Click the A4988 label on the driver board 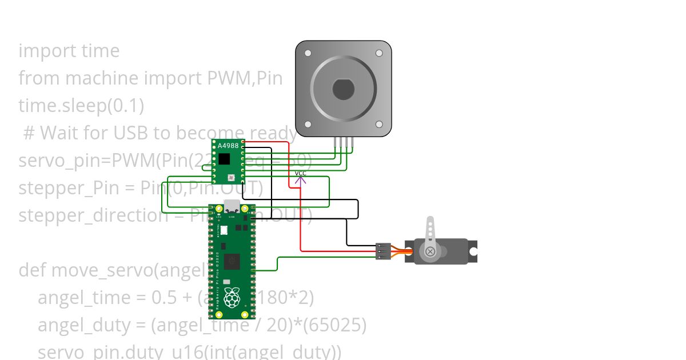tap(228, 146)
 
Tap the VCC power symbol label tap(300, 173)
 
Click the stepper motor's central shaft tap(343, 89)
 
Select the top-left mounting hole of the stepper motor tap(308, 53)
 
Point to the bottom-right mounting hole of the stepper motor tap(378, 124)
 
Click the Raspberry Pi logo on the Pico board tap(232, 298)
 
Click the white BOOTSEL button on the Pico tap(224, 230)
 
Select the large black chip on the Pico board tap(232, 262)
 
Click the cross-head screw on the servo tap(430, 251)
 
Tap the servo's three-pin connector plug tap(383, 251)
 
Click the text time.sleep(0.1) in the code tap(81, 106)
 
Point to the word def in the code tap(33, 270)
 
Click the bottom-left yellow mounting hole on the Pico tap(218, 314)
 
